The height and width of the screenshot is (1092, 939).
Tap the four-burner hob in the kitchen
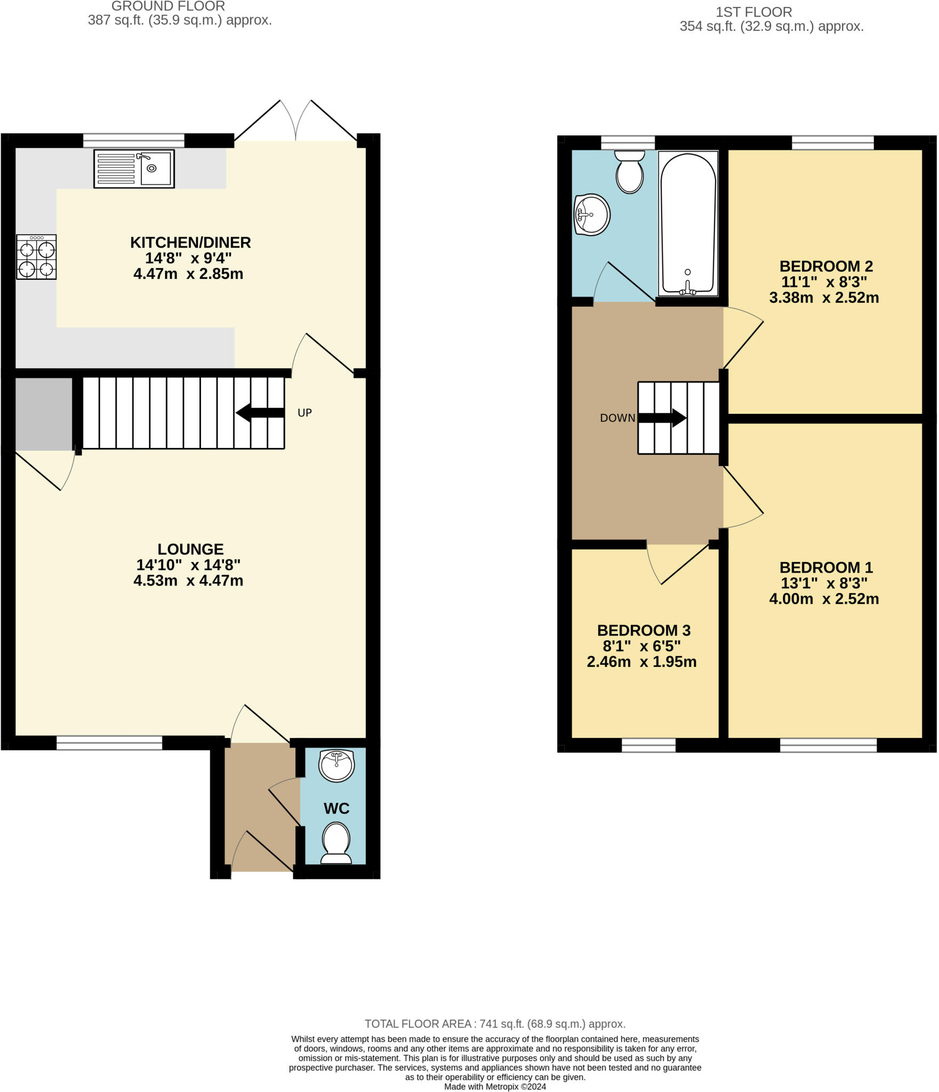point(36,257)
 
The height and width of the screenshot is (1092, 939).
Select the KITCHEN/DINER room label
point(190,243)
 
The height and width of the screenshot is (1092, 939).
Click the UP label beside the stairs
point(304,413)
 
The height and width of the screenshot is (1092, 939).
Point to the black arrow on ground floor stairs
point(260,413)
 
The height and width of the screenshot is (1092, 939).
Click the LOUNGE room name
point(190,549)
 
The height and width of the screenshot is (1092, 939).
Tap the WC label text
point(336,808)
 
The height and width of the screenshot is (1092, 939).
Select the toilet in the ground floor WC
point(336,843)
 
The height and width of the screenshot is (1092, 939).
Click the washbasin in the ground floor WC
point(336,765)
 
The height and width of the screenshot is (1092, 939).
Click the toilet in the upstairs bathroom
point(630,171)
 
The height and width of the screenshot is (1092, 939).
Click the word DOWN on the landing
point(617,418)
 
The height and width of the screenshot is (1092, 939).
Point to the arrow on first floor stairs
point(662,418)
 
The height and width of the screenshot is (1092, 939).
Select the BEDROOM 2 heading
point(826,266)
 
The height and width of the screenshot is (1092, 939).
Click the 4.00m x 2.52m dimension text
point(824,599)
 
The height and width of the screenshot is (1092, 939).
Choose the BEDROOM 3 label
point(644,630)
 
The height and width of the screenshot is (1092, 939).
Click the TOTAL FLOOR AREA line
point(495,1024)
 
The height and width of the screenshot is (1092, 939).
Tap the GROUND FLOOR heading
point(168,6)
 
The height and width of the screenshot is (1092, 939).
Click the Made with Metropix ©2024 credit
point(495,1087)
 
